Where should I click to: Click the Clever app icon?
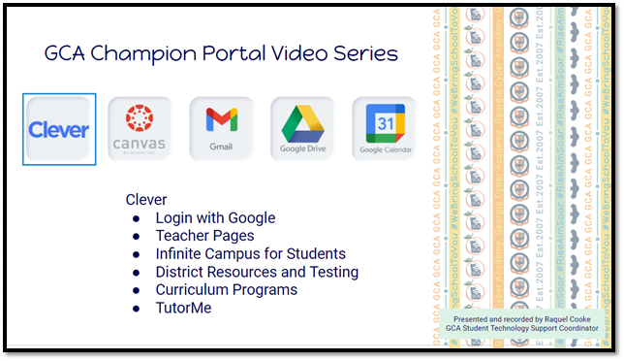click(x=59, y=129)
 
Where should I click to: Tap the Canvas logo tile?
click(x=140, y=129)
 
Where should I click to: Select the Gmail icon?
click(x=221, y=129)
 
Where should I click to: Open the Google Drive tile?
click(x=302, y=129)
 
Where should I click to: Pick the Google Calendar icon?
click(x=384, y=129)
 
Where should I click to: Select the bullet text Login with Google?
click(x=215, y=218)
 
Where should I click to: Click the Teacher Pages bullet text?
click(x=204, y=236)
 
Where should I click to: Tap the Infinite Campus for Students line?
click(x=250, y=254)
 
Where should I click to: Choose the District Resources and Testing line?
click(x=257, y=272)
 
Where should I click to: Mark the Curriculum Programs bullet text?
click(x=226, y=290)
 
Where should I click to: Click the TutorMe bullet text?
click(x=183, y=309)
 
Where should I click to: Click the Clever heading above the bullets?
click(x=146, y=200)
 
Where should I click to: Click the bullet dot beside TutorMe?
click(x=136, y=309)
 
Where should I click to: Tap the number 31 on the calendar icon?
click(x=385, y=123)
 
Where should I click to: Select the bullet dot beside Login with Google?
click(x=136, y=218)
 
